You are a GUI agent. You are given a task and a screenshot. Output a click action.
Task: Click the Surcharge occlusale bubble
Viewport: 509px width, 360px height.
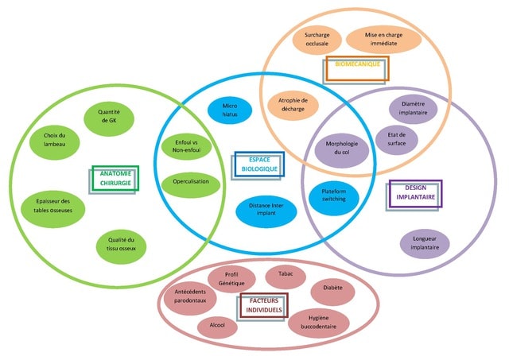317,39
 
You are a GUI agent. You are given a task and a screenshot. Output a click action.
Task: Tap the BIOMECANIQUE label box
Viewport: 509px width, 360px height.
356,69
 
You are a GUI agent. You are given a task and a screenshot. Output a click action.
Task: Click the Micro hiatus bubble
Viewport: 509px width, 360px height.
230,110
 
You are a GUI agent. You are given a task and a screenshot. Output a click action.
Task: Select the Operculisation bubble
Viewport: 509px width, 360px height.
190,183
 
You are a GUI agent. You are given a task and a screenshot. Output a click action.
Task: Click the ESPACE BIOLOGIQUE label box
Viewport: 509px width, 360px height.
258,165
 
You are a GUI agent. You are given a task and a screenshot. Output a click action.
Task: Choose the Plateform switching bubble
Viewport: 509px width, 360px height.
334,195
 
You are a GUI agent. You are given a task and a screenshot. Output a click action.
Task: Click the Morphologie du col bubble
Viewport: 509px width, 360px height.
343,148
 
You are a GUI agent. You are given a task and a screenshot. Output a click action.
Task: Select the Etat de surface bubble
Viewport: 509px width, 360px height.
397,139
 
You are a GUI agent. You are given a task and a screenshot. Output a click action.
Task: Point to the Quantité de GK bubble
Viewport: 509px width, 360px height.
109,117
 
